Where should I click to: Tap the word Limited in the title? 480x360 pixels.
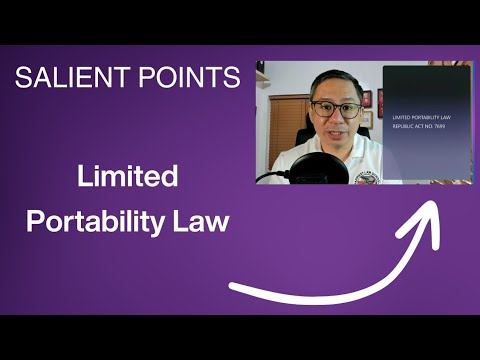[128, 178]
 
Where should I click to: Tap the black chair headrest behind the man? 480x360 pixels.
[301, 140]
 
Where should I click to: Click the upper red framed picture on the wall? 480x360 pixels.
[367, 101]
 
